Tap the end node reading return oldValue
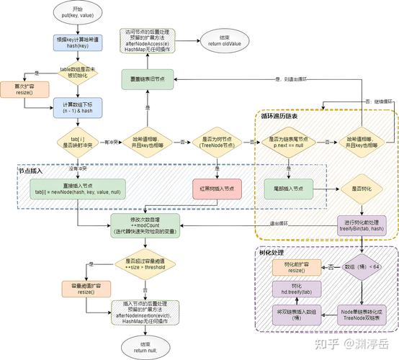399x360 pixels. click(222, 39)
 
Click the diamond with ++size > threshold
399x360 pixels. click(145, 264)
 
